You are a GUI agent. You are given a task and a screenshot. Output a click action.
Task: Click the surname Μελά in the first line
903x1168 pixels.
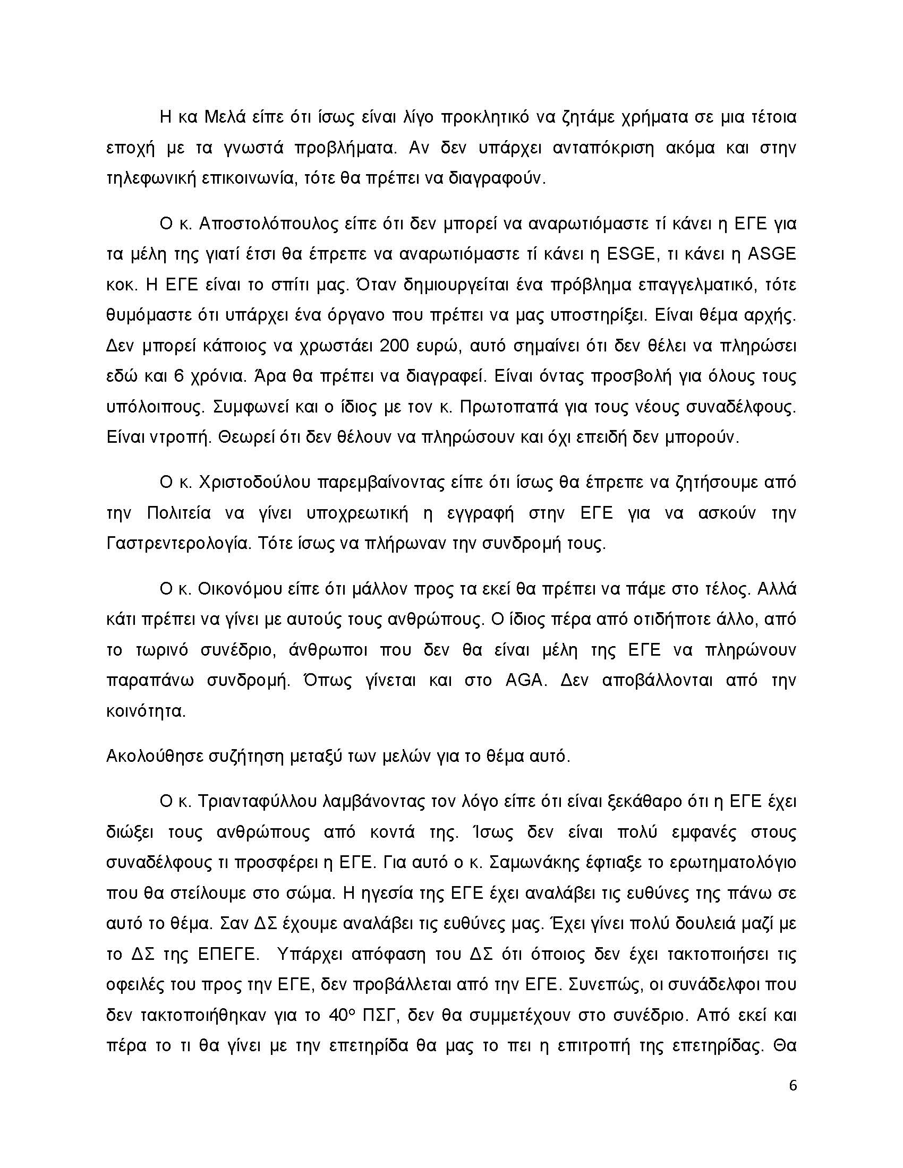point(225,117)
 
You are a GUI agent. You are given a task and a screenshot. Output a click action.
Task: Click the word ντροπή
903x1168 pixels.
point(178,437)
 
